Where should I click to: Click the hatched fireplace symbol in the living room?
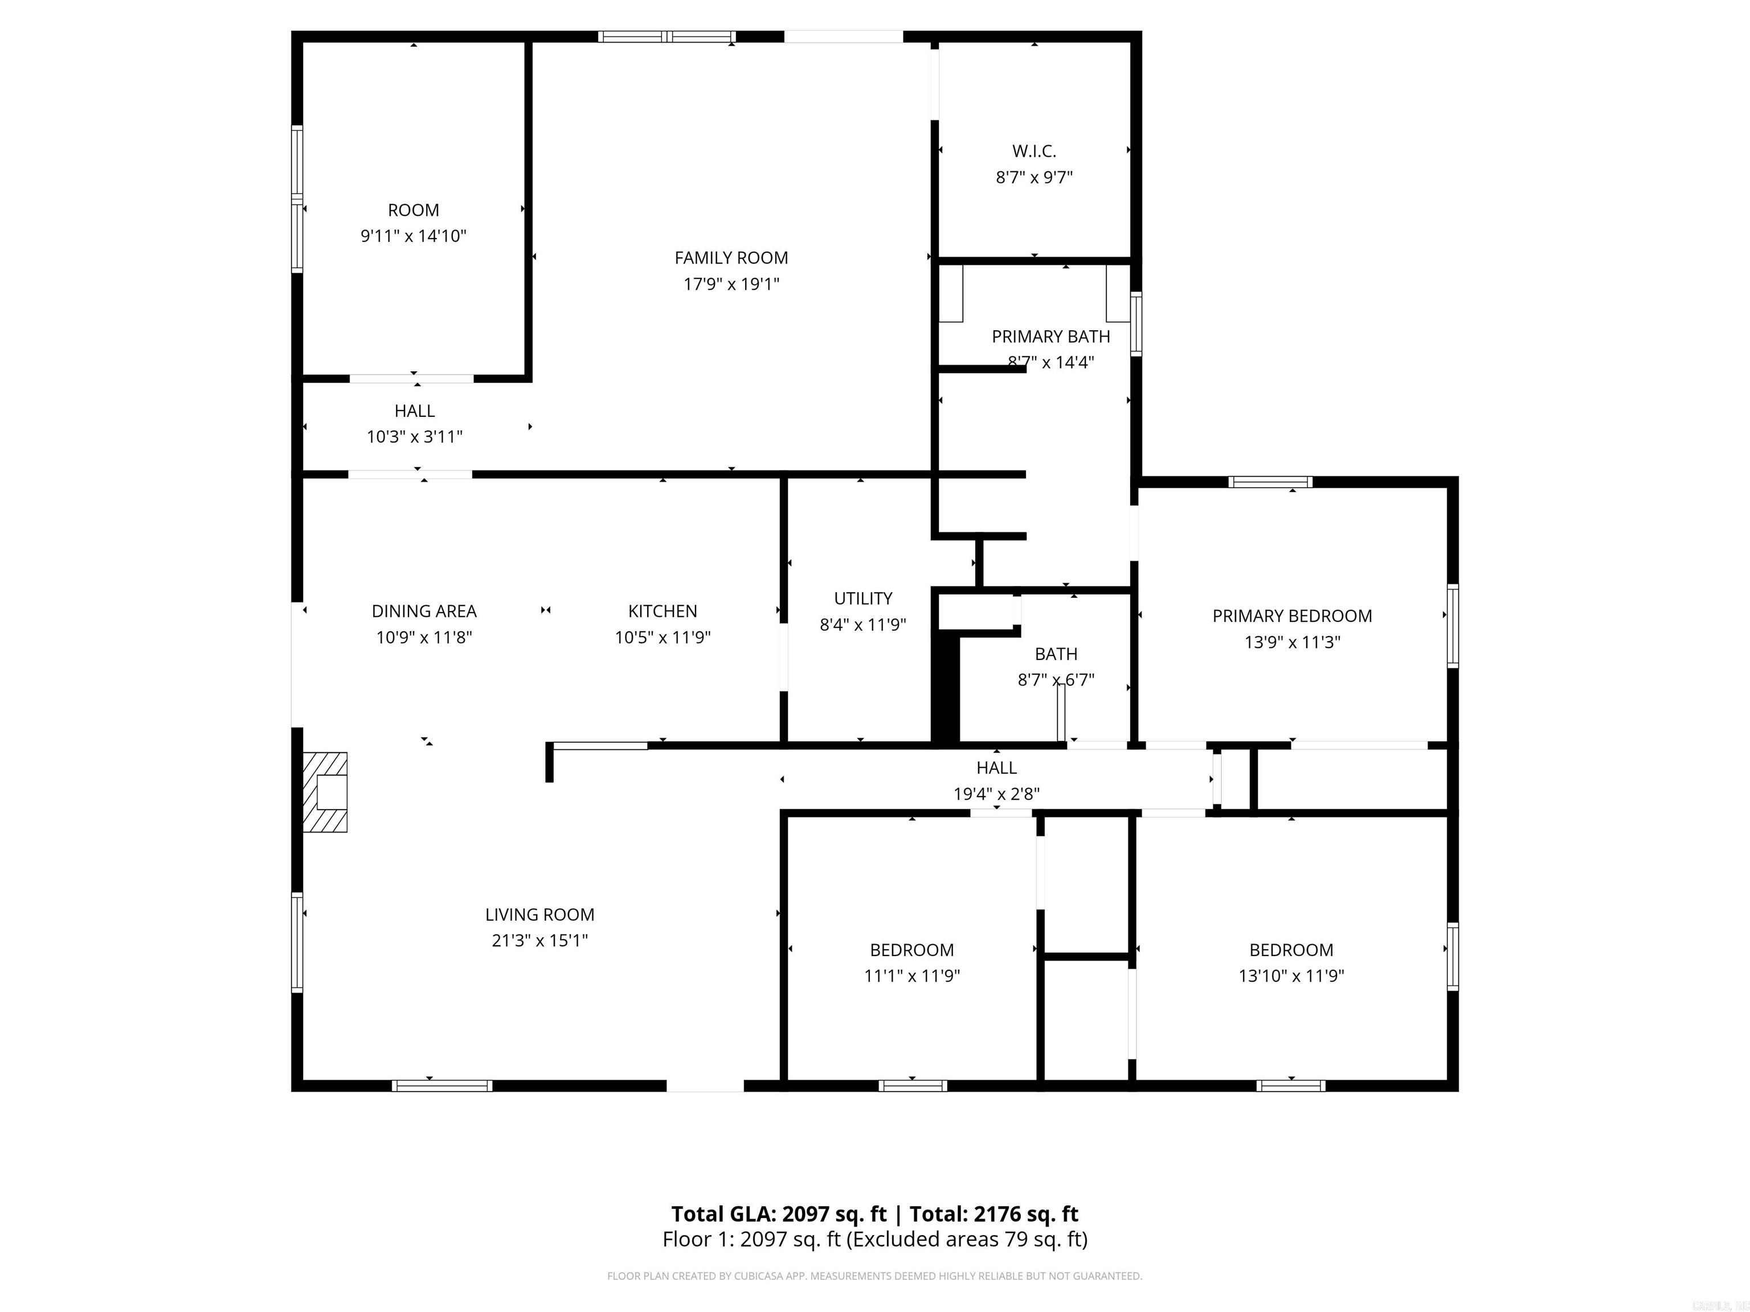(325, 792)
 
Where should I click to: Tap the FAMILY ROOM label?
(731, 258)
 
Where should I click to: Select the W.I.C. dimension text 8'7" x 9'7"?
(1034, 177)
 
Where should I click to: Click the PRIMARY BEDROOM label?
(1292, 616)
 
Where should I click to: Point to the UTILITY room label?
(863, 598)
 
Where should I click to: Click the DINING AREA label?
(424, 612)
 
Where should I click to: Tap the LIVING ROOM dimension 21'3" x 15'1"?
(539, 940)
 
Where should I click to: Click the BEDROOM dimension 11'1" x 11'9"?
(911, 976)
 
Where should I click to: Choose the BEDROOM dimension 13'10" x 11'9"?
(1291, 976)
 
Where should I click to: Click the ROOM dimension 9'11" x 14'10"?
(413, 236)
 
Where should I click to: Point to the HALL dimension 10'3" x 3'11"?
(415, 437)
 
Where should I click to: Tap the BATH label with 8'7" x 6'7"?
(1056, 654)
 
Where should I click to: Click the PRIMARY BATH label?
(1050, 337)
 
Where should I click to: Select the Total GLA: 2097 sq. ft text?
(779, 1214)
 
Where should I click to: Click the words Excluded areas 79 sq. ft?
(967, 1239)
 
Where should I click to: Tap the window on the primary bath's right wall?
(1136, 323)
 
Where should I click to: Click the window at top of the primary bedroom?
(1270, 482)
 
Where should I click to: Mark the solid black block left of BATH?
(946, 688)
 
